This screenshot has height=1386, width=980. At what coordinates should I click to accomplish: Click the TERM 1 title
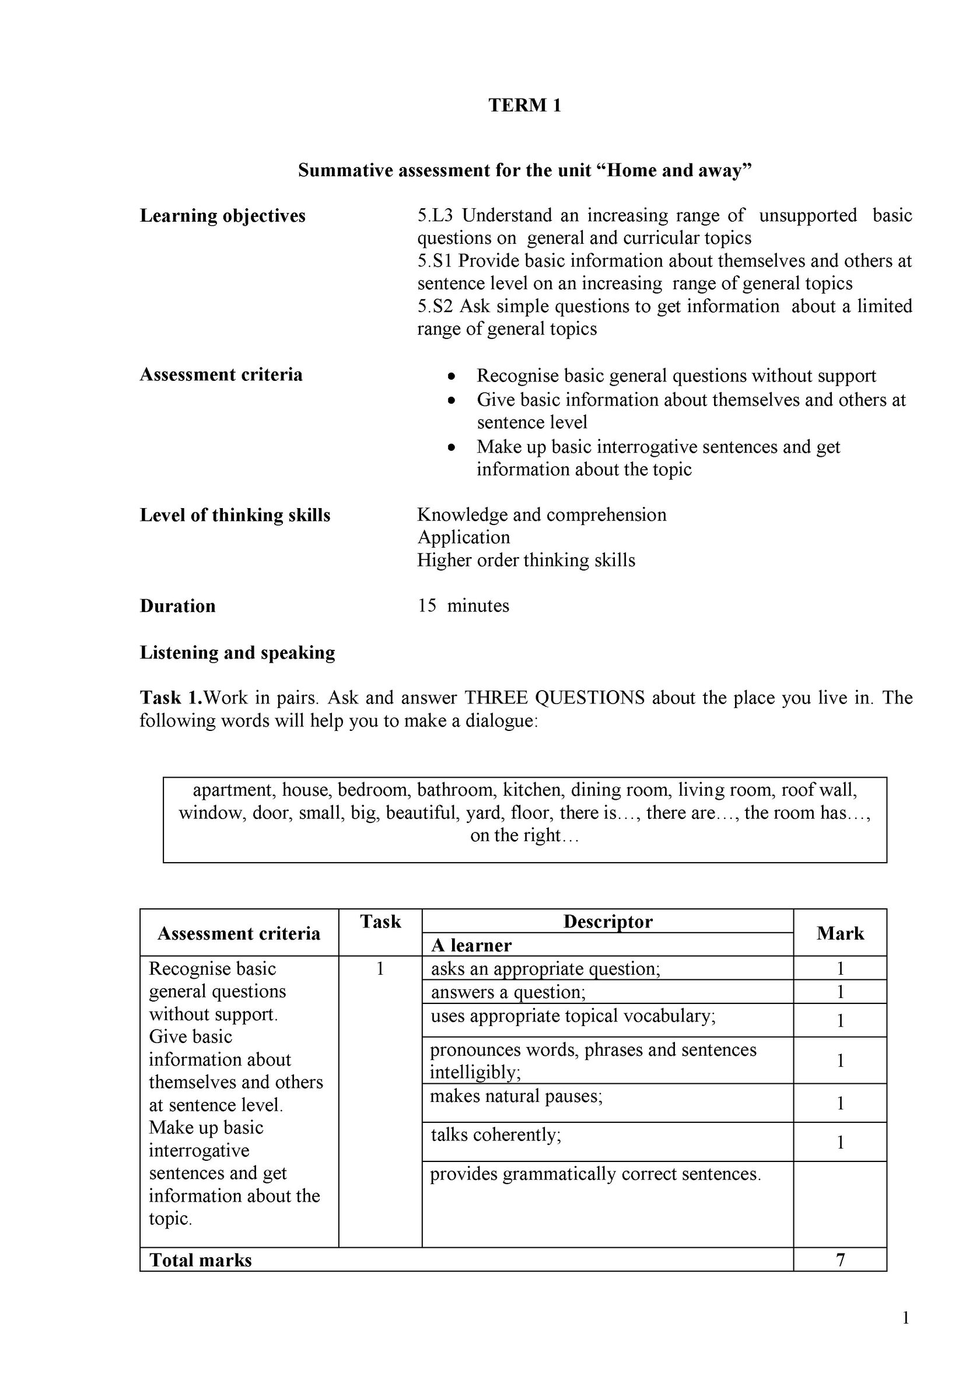click(x=524, y=106)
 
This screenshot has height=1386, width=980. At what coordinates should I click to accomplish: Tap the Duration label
click(x=177, y=606)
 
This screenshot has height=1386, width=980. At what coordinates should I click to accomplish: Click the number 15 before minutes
click(x=426, y=606)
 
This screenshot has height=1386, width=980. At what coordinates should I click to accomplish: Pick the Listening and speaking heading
click(x=237, y=653)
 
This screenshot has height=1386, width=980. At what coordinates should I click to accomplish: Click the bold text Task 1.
click(x=171, y=698)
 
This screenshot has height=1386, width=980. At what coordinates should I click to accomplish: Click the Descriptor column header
click(x=607, y=922)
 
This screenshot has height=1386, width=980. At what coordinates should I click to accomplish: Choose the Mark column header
click(x=840, y=934)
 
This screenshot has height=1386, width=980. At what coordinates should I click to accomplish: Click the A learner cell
click(x=471, y=946)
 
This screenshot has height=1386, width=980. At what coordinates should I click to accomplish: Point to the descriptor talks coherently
click(x=496, y=1135)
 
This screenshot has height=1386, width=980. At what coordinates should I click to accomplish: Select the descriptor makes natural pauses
click(x=516, y=1095)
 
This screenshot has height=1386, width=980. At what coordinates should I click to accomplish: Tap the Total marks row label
click(x=201, y=1261)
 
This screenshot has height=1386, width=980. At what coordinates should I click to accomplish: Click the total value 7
click(x=840, y=1261)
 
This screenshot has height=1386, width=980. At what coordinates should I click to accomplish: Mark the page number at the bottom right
click(x=905, y=1318)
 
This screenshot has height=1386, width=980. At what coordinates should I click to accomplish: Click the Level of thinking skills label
click(x=235, y=516)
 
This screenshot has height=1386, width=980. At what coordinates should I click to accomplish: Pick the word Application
click(x=464, y=537)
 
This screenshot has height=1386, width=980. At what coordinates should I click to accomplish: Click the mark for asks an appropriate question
click(x=840, y=969)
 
